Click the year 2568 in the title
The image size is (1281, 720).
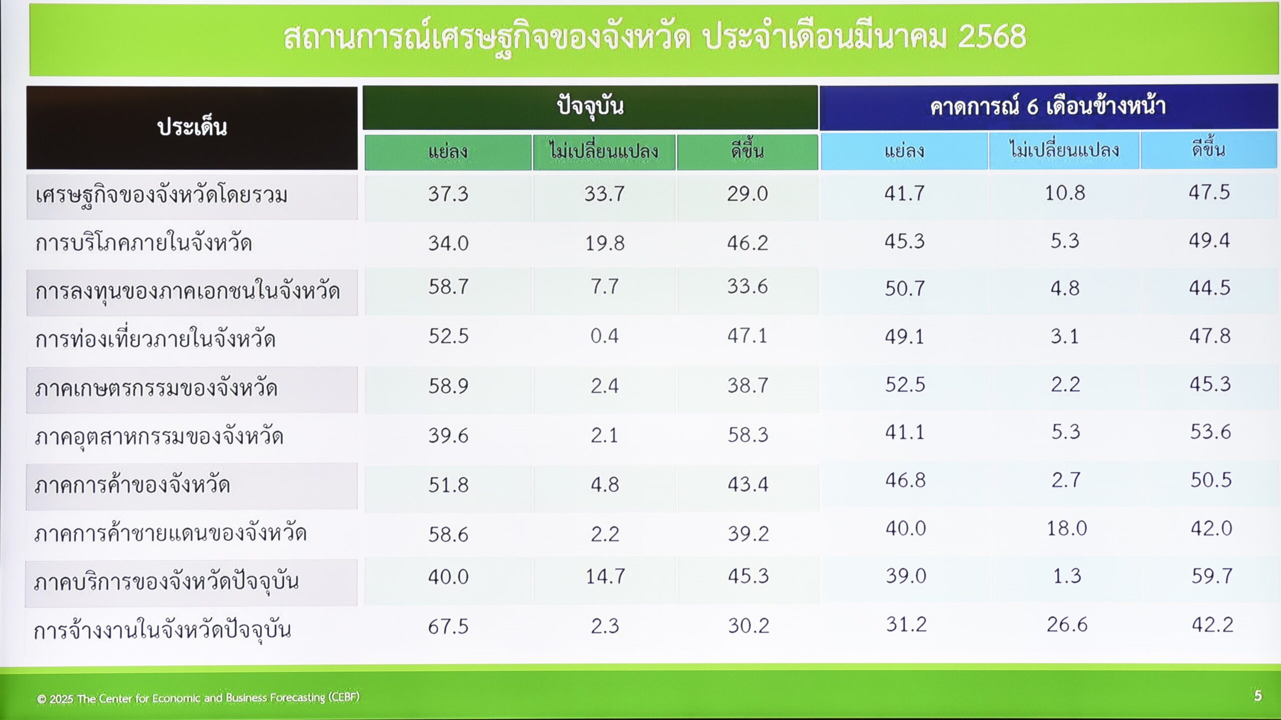click(x=992, y=37)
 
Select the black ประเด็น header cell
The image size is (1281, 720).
click(x=192, y=128)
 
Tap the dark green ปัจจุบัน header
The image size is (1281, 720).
click(x=590, y=107)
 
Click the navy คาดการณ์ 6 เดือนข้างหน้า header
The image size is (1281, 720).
click(x=1049, y=107)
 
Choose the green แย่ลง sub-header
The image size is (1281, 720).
click(x=448, y=152)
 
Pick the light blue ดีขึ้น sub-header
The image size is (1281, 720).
click(x=1208, y=150)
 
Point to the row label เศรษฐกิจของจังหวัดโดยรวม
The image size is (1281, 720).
click(x=161, y=196)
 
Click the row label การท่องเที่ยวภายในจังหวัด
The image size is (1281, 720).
click(x=155, y=339)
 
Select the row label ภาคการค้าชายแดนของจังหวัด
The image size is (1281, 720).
click(x=171, y=532)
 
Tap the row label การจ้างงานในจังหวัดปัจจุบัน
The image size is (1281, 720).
click(x=162, y=630)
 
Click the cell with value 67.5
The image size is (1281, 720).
click(x=448, y=626)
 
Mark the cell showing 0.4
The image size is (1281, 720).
click(x=604, y=336)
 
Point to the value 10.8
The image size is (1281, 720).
click(x=1065, y=193)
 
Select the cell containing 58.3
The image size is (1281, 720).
click(x=748, y=435)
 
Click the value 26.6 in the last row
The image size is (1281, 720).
click(x=1067, y=625)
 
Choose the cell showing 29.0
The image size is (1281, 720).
click(x=748, y=194)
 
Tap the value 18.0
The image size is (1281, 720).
click(x=1067, y=528)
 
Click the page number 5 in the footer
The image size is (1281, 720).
click(x=1258, y=695)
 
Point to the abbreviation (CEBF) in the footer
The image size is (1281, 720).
click(x=344, y=697)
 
